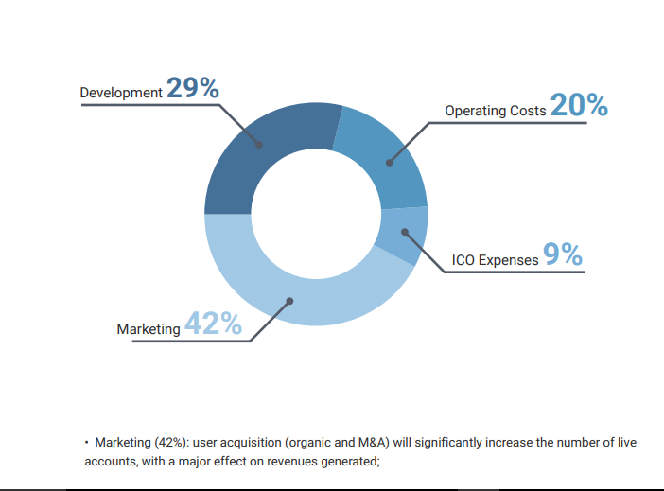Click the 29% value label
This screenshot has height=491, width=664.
(x=193, y=88)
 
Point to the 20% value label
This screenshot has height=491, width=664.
(x=579, y=105)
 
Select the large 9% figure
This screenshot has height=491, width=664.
(x=563, y=254)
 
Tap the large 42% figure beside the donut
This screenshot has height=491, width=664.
(x=214, y=324)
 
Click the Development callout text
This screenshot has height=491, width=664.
(x=121, y=93)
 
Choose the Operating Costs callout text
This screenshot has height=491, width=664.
(x=496, y=111)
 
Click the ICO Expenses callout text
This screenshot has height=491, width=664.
(x=495, y=260)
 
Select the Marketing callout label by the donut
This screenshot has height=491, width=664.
(x=149, y=329)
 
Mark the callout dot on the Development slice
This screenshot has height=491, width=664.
(x=259, y=145)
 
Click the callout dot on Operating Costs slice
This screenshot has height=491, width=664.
(x=390, y=163)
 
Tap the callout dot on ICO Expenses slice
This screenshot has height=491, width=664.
(x=405, y=232)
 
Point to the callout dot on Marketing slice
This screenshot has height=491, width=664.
(x=289, y=301)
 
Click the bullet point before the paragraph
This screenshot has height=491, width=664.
(x=86, y=443)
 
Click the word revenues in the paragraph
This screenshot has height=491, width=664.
(x=292, y=461)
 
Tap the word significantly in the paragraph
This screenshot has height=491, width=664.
(x=448, y=443)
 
